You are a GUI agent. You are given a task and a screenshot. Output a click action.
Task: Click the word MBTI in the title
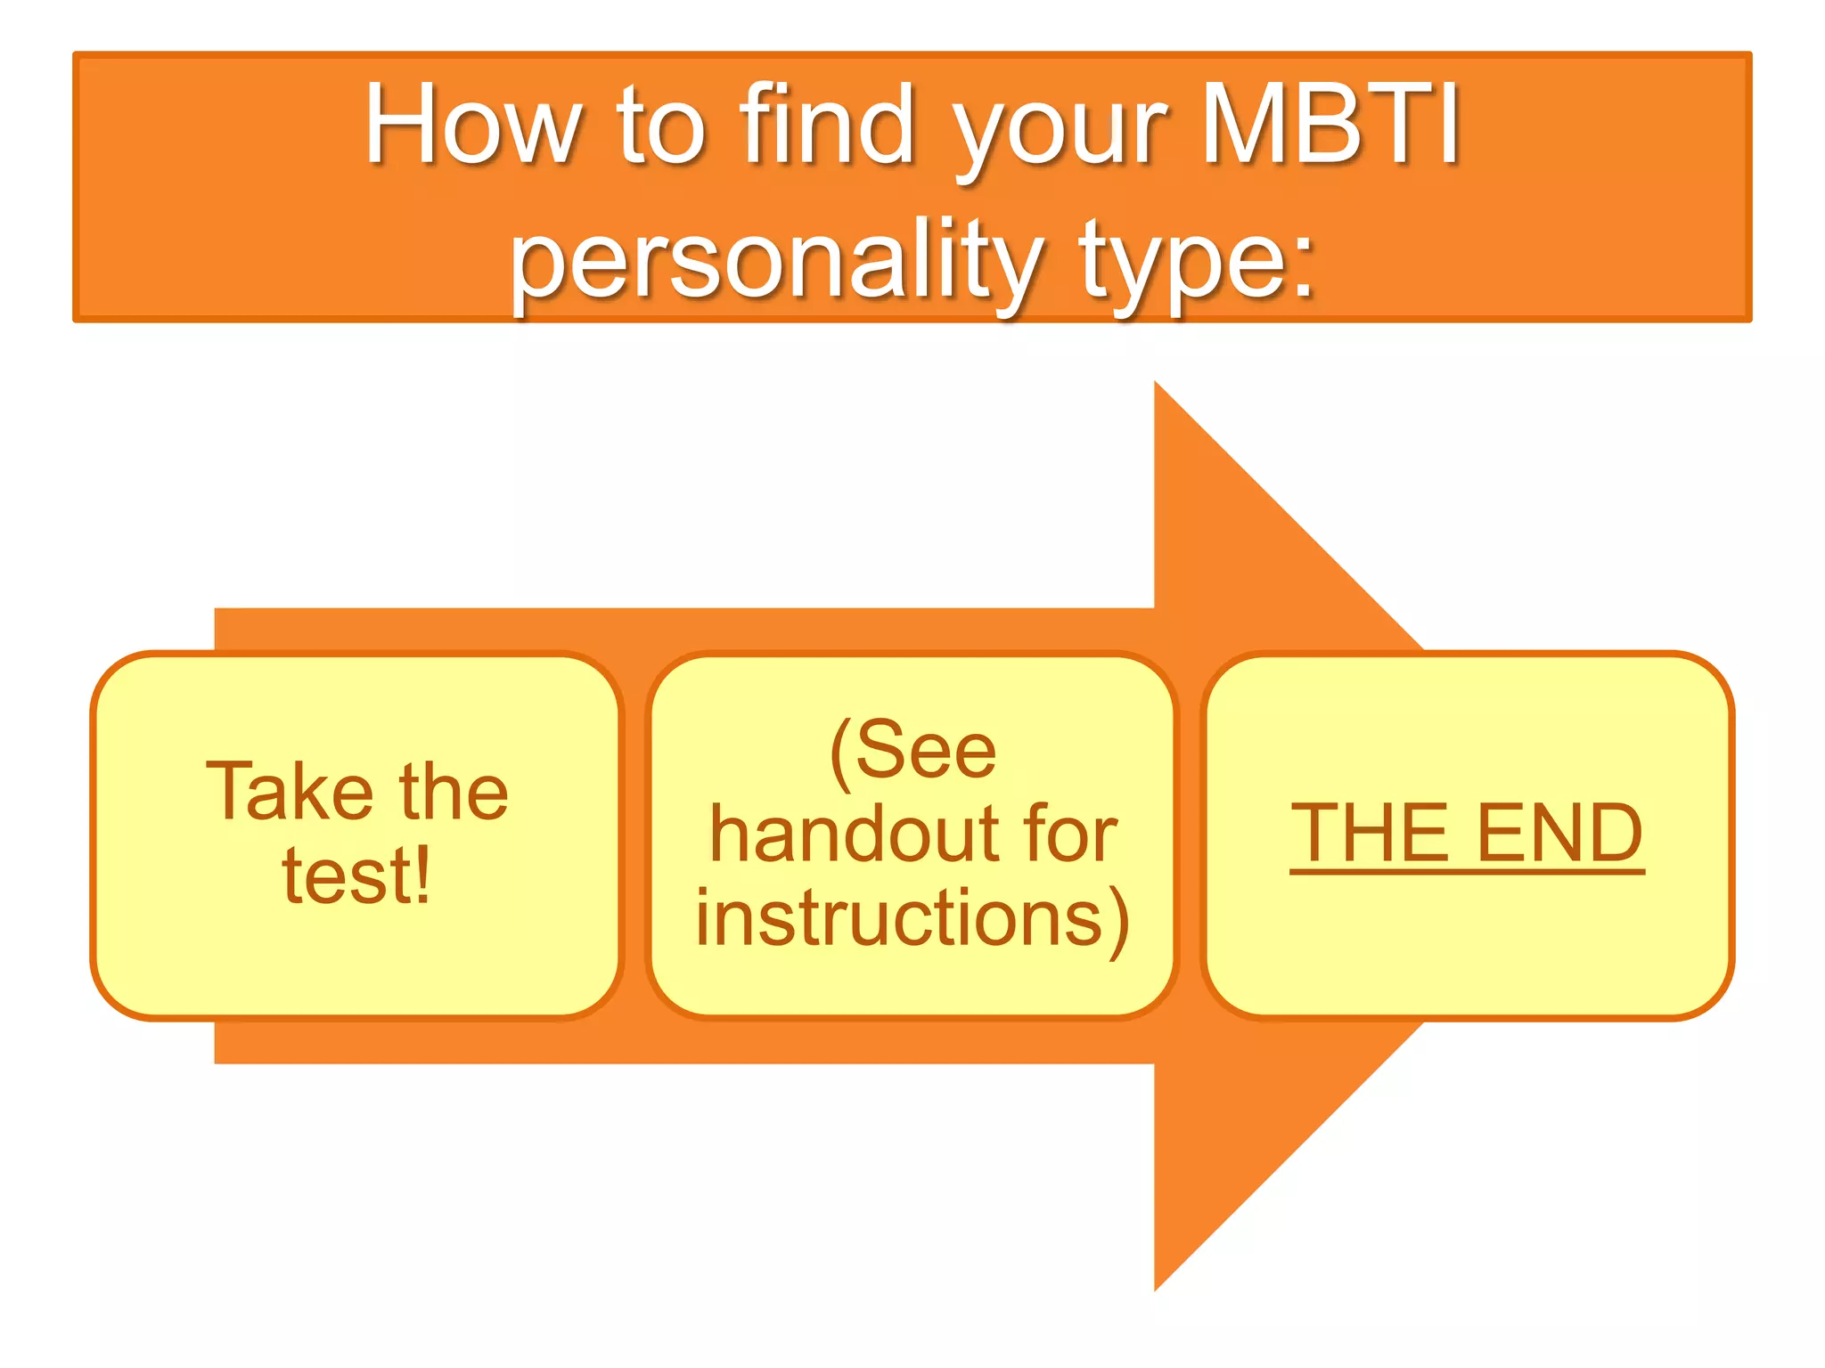coord(1331,125)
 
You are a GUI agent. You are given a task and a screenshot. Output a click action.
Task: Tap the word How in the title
coord(473,125)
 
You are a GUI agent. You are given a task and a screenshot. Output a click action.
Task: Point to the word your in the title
coord(1060,134)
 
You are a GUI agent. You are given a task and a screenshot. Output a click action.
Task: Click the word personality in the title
coord(775,260)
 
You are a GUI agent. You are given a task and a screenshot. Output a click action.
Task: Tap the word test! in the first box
coord(356,876)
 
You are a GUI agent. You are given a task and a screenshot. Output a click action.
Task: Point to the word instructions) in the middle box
coord(912,919)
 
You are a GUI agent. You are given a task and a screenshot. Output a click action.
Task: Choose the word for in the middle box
coord(1070,835)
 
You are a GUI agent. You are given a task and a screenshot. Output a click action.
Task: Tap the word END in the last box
coord(1559,833)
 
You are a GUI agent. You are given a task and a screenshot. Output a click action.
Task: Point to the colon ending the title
coord(1304,267)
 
